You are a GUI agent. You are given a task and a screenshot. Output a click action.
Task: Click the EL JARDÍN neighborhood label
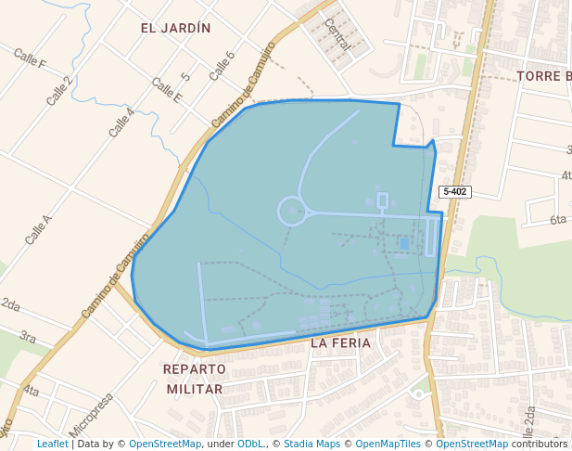(x=176, y=28)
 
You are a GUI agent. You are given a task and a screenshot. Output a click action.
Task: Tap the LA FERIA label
(x=340, y=342)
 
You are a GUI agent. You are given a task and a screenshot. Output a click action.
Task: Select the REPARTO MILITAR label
(x=194, y=379)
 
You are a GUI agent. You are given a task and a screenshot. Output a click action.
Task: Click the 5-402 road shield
(x=455, y=191)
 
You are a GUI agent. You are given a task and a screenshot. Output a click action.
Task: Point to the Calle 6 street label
(x=222, y=65)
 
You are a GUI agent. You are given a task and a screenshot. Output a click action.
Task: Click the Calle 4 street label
(x=121, y=122)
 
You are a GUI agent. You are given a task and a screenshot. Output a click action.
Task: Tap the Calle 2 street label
(x=60, y=90)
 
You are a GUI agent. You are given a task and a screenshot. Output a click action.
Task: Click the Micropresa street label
(x=91, y=415)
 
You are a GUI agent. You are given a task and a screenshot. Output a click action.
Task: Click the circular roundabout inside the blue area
(x=292, y=212)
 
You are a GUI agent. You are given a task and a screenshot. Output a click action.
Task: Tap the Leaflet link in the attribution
(x=53, y=444)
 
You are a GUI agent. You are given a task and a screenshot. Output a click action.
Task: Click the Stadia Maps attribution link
(x=311, y=444)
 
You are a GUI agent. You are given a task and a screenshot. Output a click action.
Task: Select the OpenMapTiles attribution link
(x=388, y=444)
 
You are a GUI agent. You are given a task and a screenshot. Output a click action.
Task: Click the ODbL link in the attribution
(x=250, y=444)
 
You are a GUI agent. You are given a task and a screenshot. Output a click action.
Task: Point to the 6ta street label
(x=557, y=220)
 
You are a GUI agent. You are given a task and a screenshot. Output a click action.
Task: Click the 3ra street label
(x=28, y=337)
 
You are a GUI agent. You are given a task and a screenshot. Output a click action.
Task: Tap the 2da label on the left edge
(x=10, y=303)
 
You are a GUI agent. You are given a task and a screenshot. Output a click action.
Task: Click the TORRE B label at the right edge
(x=544, y=76)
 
